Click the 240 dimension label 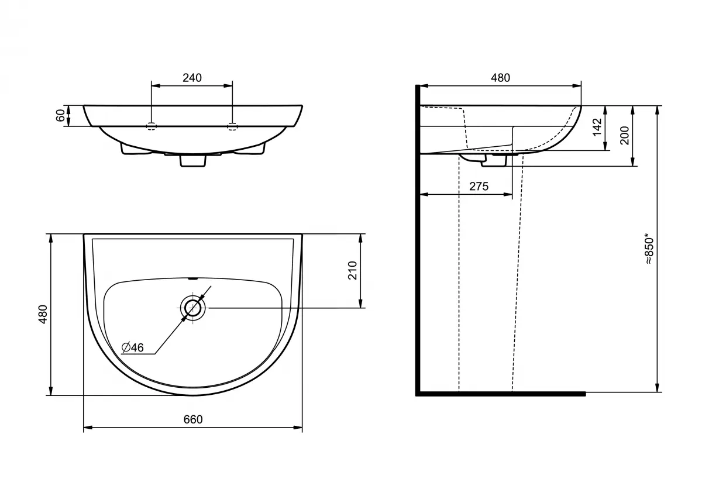(x=192, y=78)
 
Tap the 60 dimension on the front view (x=60, y=115)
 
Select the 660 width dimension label (x=193, y=419)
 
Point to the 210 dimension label (x=353, y=270)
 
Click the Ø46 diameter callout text (x=133, y=347)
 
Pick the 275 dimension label (x=479, y=187)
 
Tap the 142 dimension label (x=597, y=127)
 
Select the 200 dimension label (x=625, y=135)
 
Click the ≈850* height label (x=649, y=249)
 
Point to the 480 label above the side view (x=501, y=78)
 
